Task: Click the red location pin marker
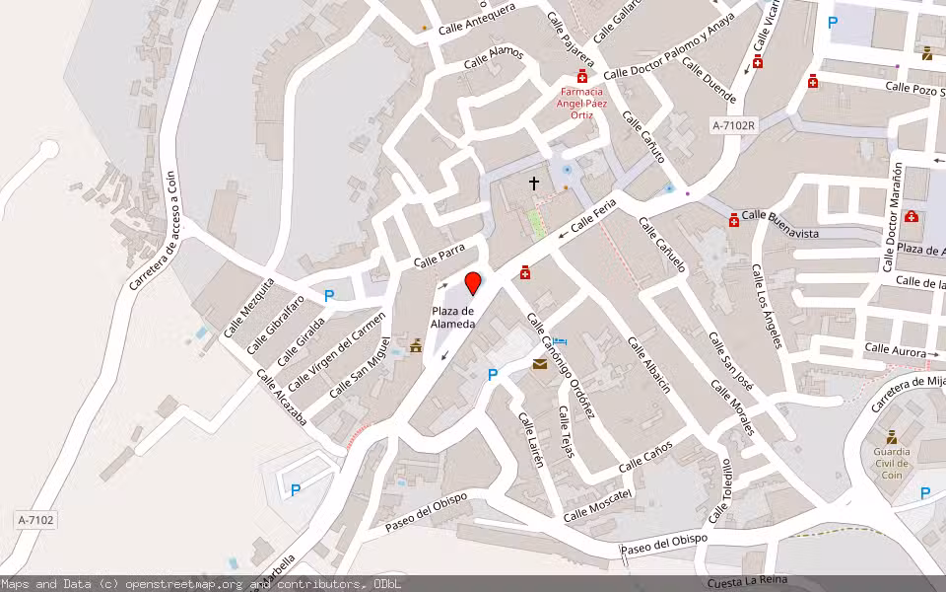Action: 473,283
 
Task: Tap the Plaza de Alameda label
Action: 453,318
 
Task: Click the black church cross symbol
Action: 534,183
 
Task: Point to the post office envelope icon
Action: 540,365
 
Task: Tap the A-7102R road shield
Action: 733,125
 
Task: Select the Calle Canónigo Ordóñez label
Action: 561,364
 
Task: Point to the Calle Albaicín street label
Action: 649,364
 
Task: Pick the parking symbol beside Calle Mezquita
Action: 329,295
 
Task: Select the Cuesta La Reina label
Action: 746,582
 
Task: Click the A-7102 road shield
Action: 35,519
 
